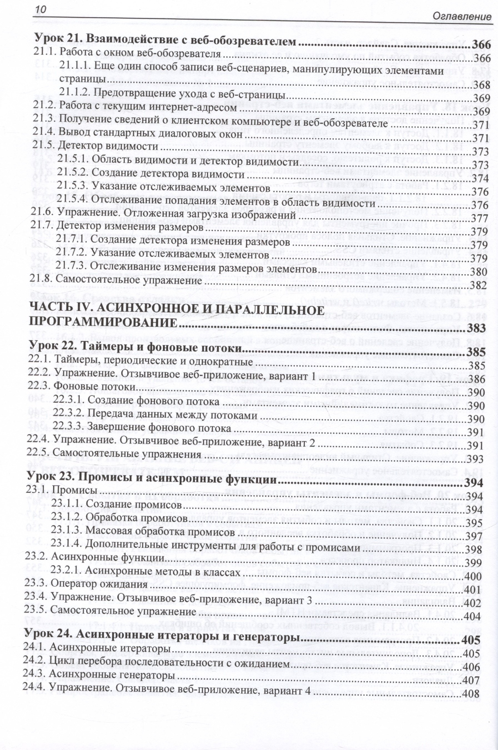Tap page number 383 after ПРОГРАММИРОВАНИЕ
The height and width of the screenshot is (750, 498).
pyautogui.click(x=477, y=328)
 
